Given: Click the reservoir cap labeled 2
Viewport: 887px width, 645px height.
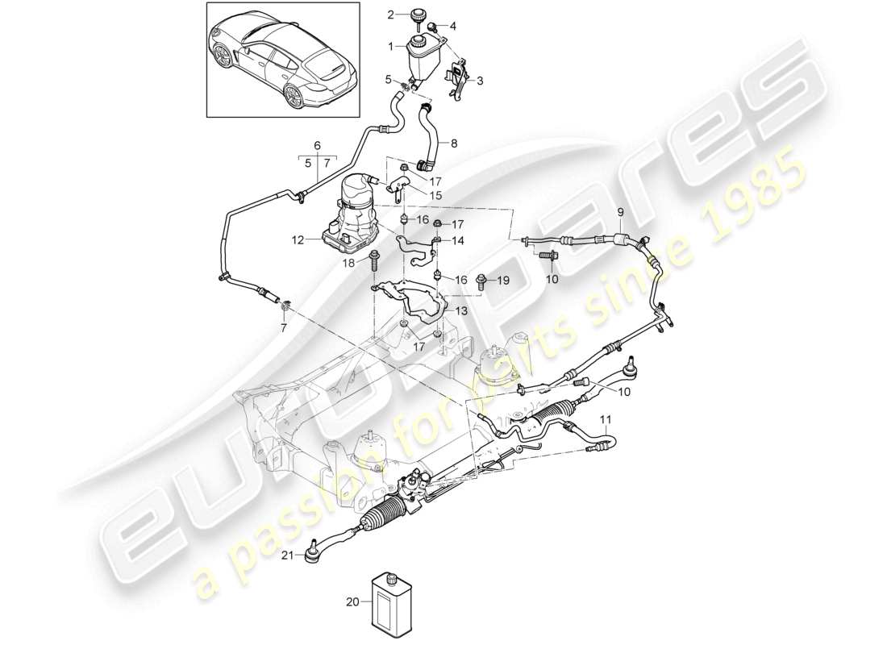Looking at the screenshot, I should point(419,16).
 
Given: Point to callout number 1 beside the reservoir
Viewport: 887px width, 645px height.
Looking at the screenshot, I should point(393,47).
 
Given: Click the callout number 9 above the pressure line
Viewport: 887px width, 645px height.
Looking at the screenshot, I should point(620,212).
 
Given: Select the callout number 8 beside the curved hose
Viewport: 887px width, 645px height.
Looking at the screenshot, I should point(454,144).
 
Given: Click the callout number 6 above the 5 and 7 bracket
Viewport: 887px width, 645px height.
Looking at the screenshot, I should point(317,145).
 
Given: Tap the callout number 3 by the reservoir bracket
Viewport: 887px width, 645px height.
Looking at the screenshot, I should point(480,81).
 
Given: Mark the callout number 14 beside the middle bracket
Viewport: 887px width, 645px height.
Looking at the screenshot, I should point(459,240).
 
